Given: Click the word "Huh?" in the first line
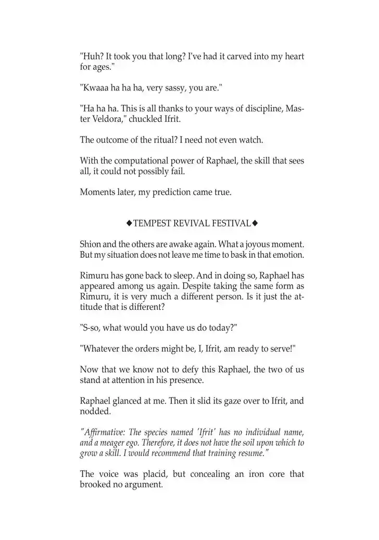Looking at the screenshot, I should [x=92, y=56].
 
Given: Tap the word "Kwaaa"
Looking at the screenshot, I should [x=95, y=89].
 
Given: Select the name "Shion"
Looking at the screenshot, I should [x=91, y=244].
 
